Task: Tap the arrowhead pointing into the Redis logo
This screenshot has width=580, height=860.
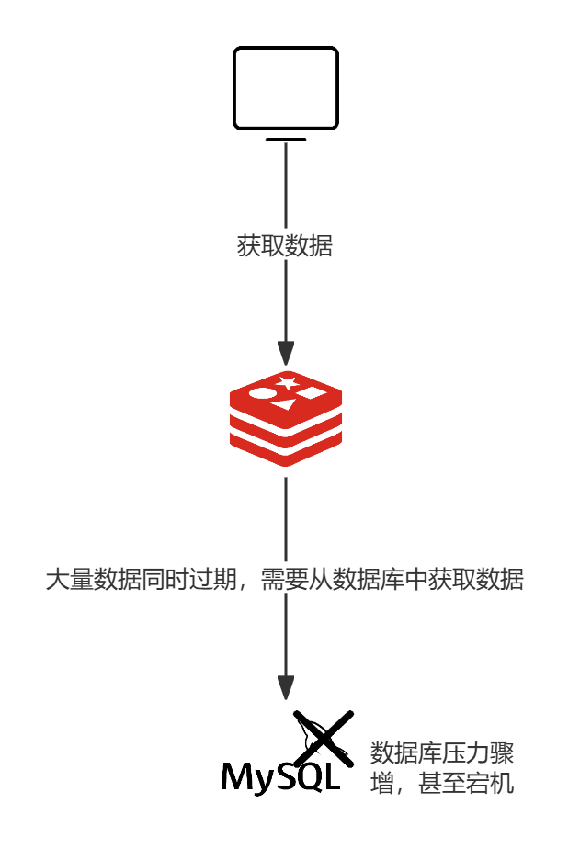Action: click(286, 353)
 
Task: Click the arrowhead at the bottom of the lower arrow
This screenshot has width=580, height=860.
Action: click(286, 687)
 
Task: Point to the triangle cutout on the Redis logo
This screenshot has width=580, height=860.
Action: click(285, 404)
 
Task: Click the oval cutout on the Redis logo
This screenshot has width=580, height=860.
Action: click(262, 394)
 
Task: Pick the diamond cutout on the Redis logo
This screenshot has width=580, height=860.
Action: click(312, 393)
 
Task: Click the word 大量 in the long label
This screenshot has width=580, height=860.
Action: click(69, 580)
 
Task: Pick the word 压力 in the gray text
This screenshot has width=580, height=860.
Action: click(465, 754)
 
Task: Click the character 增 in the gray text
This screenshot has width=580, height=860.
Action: click(381, 785)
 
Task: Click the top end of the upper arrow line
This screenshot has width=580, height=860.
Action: click(286, 144)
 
